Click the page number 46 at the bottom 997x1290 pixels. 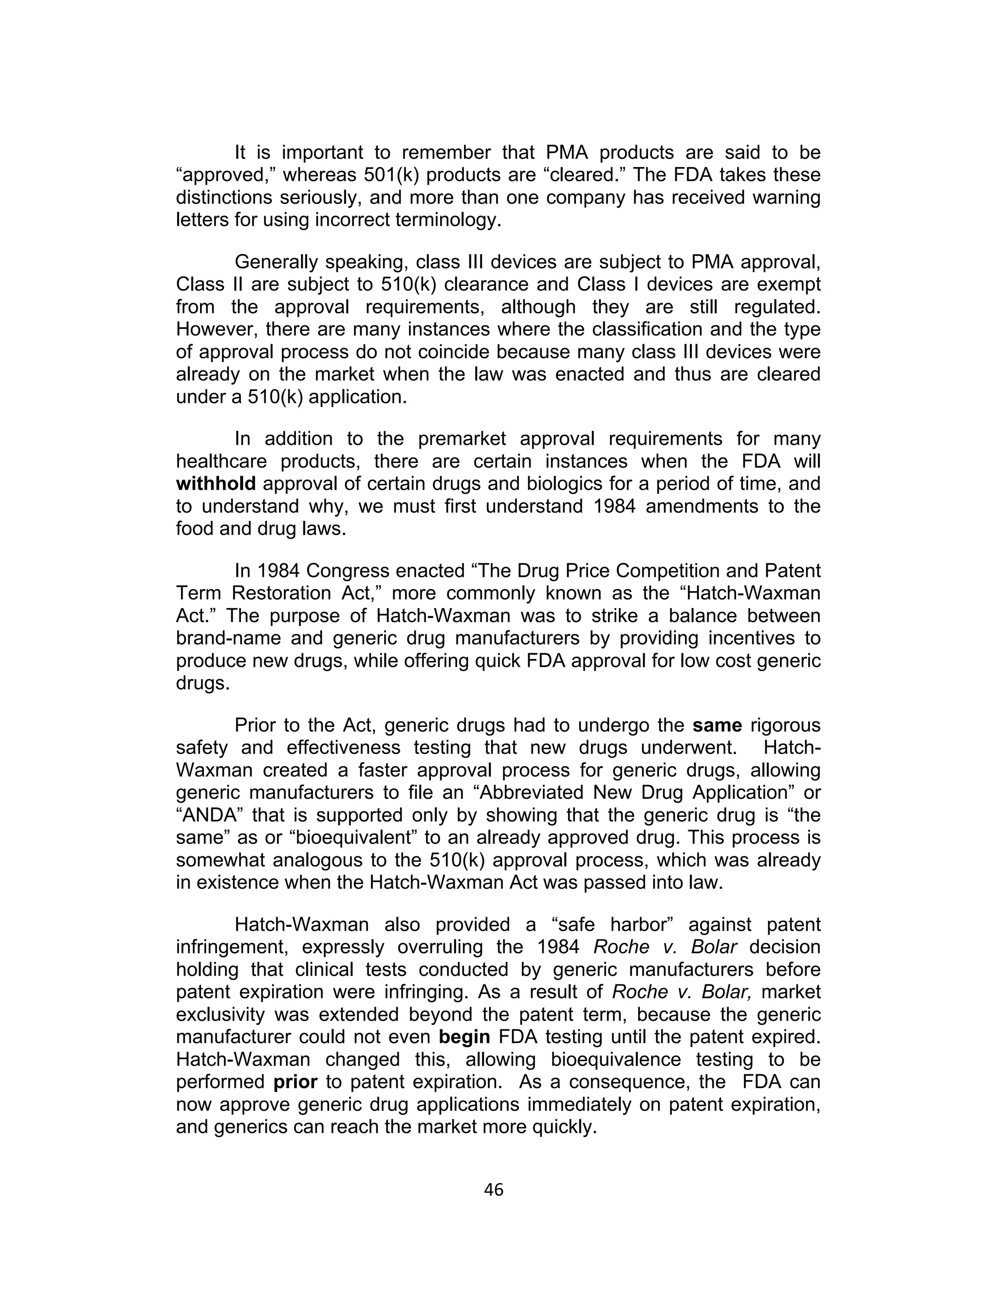(493, 1190)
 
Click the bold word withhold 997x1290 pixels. (216, 484)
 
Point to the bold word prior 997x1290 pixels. (295, 1082)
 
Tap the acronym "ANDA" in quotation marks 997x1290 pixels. (210, 815)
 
